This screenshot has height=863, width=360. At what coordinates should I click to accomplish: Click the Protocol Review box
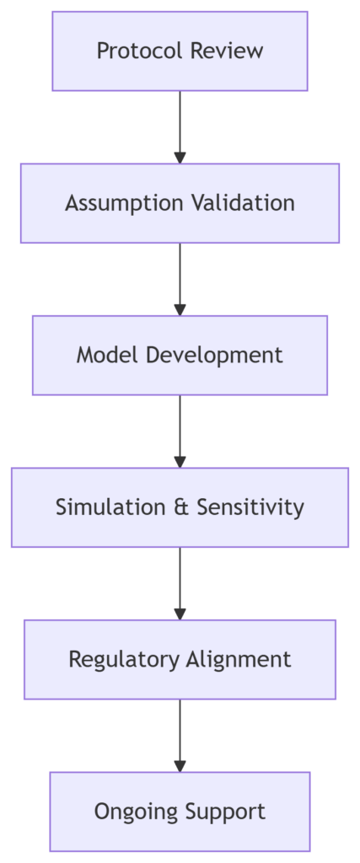coord(180,51)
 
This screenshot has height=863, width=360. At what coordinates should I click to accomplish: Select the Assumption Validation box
coord(180,203)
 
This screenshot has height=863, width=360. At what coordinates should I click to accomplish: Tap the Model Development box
coord(180,355)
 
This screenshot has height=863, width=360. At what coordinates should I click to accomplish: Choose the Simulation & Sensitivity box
coord(180,507)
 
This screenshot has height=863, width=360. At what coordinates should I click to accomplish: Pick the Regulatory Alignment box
coord(180,659)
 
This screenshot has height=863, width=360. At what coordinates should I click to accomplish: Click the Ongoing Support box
coord(180,812)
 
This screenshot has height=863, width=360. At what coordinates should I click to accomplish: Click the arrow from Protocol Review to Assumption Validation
coord(180,127)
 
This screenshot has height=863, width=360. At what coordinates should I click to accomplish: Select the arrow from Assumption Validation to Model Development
coord(180,279)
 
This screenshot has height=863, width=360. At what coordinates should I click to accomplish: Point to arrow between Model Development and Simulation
coord(180,431)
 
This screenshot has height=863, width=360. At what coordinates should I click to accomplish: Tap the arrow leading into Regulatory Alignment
coord(180,583)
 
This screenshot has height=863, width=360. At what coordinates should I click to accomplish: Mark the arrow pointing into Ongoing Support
coord(180,736)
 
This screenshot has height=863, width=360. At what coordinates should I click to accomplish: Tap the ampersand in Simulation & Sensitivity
coord(180,507)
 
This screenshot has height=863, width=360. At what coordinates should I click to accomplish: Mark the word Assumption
coord(125,204)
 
